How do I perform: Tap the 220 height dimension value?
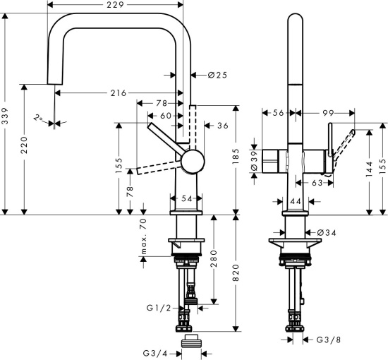(x=25, y=149)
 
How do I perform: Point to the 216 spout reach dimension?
(x=119, y=93)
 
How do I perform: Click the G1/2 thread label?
(x=158, y=308)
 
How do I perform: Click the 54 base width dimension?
(x=187, y=200)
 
